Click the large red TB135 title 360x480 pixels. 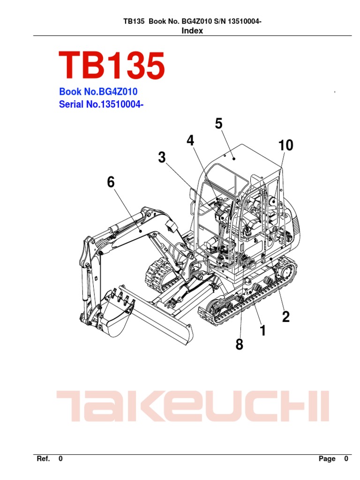click(x=112, y=66)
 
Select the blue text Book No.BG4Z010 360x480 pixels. click(x=98, y=92)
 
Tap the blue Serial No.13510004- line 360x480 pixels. click(x=101, y=104)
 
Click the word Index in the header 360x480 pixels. click(x=192, y=31)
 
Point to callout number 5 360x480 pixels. click(x=218, y=124)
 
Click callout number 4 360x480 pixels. click(x=190, y=141)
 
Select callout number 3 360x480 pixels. click(x=162, y=158)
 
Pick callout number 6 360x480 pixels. click(x=111, y=182)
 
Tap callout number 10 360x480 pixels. click(x=285, y=146)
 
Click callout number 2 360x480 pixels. click(x=285, y=317)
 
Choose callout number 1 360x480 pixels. click(x=262, y=331)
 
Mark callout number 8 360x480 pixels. click(x=240, y=345)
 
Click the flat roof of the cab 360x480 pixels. click(x=244, y=155)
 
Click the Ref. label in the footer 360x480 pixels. click(x=43, y=459)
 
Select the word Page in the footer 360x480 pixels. click(x=327, y=459)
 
